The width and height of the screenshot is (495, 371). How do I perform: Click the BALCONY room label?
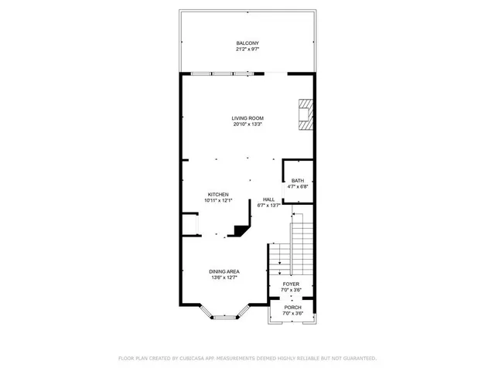pyautogui.click(x=247, y=43)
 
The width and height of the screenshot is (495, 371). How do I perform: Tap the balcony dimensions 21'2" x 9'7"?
pyautogui.click(x=247, y=49)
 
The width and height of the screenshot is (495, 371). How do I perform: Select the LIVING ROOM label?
pyautogui.click(x=247, y=117)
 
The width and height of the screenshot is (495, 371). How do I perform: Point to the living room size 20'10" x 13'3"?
pyautogui.click(x=247, y=124)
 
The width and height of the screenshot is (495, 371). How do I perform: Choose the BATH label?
pyautogui.click(x=298, y=181)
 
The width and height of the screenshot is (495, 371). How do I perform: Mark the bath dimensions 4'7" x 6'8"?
pyautogui.click(x=298, y=187)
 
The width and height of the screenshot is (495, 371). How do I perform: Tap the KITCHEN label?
pyautogui.click(x=218, y=194)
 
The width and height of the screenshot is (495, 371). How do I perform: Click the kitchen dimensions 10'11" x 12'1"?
pyautogui.click(x=218, y=200)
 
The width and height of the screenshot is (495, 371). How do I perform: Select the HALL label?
pyautogui.click(x=269, y=199)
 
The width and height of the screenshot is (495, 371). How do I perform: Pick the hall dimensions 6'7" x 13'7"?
pyautogui.click(x=269, y=206)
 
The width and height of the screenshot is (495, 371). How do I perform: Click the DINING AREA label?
pyautogui.click(x=224, y=271)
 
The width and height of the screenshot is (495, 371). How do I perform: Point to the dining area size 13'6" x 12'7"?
pyautogui.click(x=224, y=277)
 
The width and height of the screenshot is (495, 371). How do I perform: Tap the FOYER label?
pyautogui.click(x=291, y=284)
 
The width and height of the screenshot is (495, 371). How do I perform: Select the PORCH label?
pyautogui.click(x=292, y=307)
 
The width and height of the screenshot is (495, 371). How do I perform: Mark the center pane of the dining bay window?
pyautogui.click(x=225, y=317)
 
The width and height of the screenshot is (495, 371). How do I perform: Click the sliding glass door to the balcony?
pyautogui.click(x=231, y=74)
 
